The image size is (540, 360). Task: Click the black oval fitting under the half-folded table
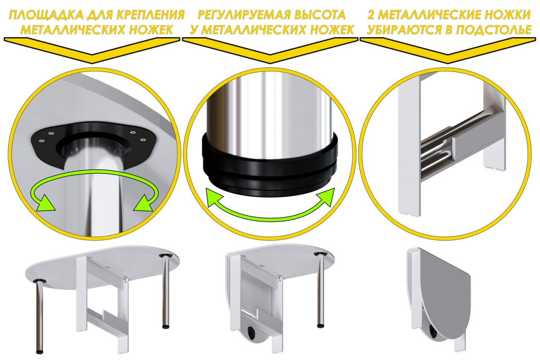253,333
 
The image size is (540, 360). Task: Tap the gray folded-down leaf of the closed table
442,293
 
